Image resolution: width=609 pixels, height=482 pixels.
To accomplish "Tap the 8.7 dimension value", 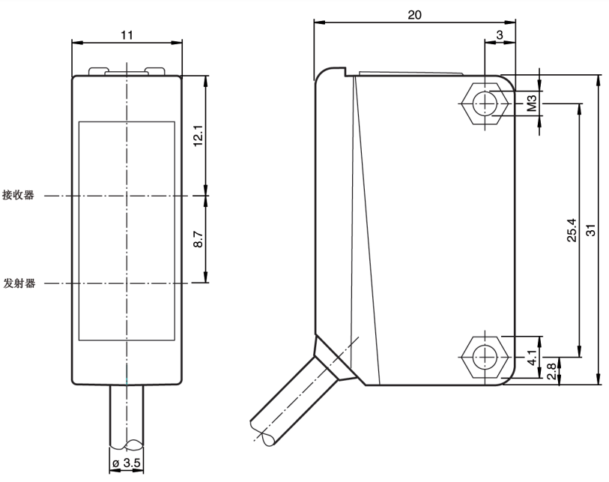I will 198,240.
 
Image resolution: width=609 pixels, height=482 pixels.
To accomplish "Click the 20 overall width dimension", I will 415,14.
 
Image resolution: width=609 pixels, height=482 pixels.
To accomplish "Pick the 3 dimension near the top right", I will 499,34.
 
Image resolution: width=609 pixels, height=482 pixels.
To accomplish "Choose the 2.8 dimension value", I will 552,370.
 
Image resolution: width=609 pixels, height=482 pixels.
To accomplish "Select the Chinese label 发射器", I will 19,283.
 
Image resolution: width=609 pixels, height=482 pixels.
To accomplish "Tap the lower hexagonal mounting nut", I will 485,354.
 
